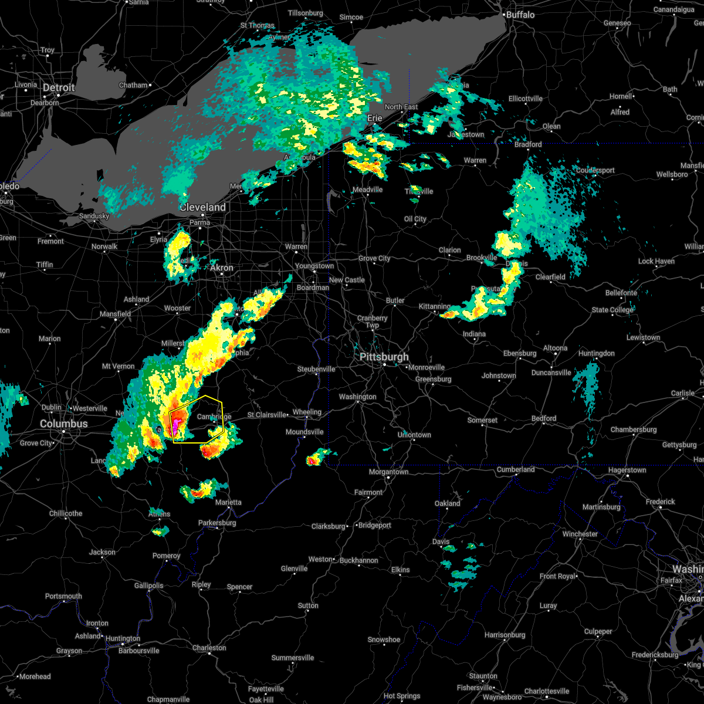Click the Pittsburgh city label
pos(385,357)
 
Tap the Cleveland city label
pos(202,207)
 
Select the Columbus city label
pos(64,424)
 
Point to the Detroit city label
pos(59,87)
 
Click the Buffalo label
pos(520,14)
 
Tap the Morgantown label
pos(388,472)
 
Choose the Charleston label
pos(209,648)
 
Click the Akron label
pos(222,268)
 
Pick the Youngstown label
pos(314,266)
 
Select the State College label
pos(612,310)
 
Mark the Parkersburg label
pos(217,523)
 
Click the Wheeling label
pos(307,412)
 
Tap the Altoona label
pos(555,348)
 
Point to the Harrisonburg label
pos(509,635)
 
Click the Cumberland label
pos(516,469)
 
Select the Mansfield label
pos(116,314)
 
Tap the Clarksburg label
pos(329,526)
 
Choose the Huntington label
pos(123,638)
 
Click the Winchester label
pos(580,534)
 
